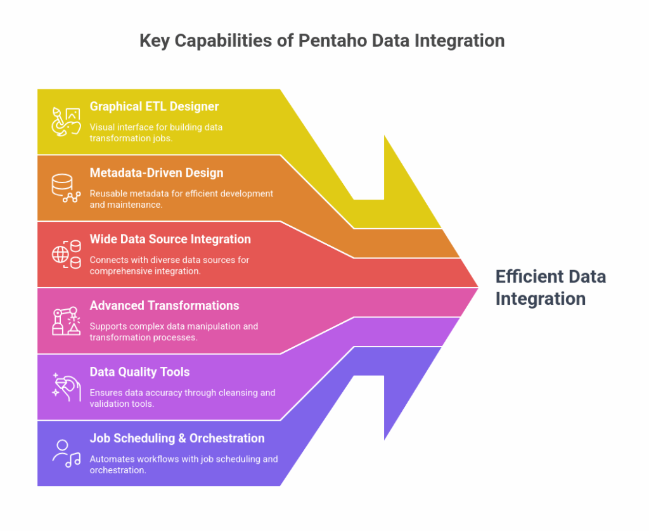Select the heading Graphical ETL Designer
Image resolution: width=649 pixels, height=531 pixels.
coord(154,106)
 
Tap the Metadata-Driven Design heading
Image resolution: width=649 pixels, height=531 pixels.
coord(156,173)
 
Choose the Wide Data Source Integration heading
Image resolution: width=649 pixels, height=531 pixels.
coord(170,240)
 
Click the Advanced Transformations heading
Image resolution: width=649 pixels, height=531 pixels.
coord(164,306)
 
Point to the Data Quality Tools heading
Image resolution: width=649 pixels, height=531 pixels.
coord(139,372)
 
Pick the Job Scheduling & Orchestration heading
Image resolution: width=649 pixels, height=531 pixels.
coord(177,438)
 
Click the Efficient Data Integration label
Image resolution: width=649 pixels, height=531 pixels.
coord(550,288)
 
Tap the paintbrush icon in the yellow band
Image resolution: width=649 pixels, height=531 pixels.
coord(66,122)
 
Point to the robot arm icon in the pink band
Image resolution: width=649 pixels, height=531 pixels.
coord(66,321)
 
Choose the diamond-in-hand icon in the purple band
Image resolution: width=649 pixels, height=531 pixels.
coord(66,387)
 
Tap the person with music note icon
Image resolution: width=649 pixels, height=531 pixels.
coord(66,453)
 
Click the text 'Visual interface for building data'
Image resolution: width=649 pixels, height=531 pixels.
coord(156,127)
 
